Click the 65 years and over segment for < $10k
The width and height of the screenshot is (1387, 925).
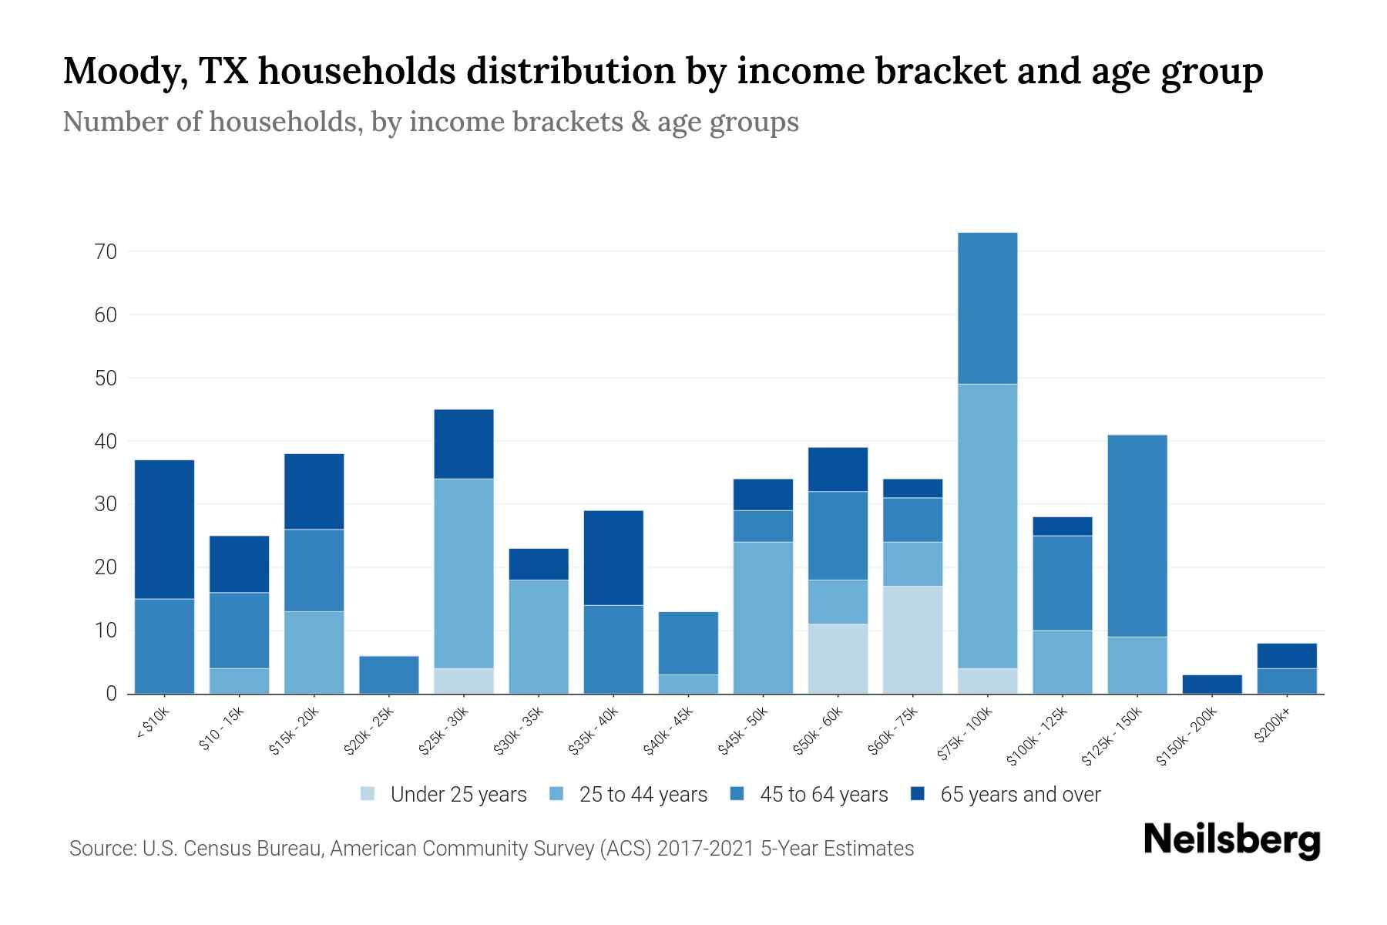coord(164,529)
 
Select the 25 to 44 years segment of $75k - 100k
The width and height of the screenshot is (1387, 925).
coord(987,526)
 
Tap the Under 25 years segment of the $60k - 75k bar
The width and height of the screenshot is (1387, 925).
coord(912,640)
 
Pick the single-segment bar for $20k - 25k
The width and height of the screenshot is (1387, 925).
coord(389,674)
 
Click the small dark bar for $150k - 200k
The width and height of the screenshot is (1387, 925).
coord(1212,684)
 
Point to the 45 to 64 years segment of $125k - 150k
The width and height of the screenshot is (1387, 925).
coord(1137,536)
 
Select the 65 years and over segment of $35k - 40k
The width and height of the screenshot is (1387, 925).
coord(613,557)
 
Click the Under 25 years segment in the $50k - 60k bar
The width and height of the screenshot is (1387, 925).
coord(838,658)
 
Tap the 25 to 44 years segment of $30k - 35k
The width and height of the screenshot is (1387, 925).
coord(539,637)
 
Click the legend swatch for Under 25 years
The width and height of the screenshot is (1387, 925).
coord(368,794)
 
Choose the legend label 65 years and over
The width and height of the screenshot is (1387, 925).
coord(1020,795)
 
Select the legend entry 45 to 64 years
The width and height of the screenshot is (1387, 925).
coord(824,795)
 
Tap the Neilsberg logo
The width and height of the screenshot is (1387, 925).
coord(1231,840)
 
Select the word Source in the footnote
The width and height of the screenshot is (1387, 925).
coord(100,849)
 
